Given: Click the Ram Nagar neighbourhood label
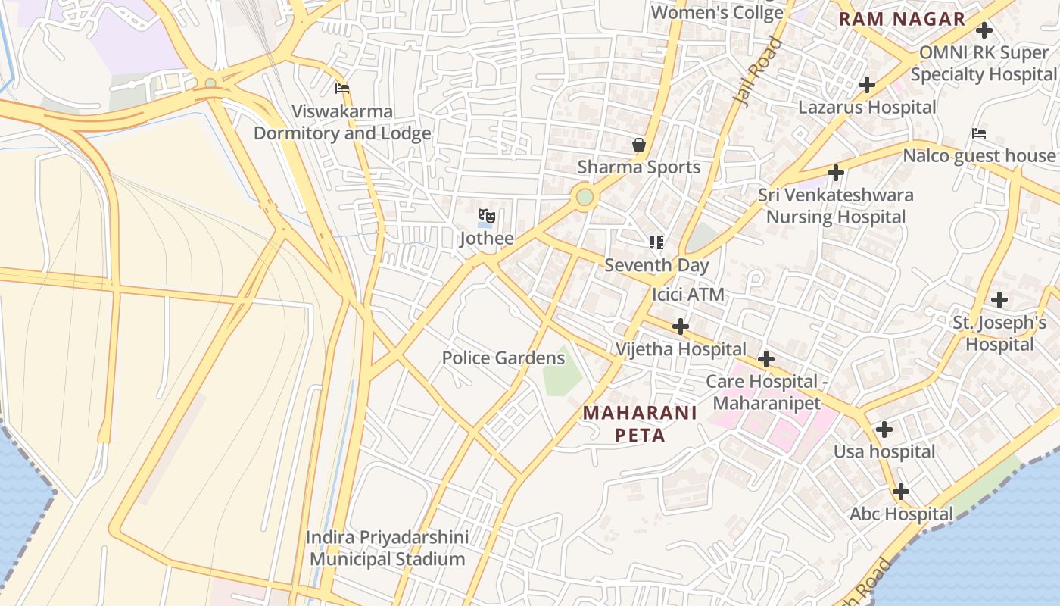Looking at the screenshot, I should coord(902,20).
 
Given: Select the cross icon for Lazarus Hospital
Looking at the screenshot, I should coord(867,85).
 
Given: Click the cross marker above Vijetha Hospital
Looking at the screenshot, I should coord(681,326).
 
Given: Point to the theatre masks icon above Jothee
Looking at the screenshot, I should coord(486,217).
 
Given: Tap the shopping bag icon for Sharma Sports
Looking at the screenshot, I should coord(639,145).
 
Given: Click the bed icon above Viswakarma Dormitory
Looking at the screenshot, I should coord(342,89).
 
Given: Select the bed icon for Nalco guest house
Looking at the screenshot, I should coord(979,134).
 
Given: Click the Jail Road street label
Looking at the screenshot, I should coord(758,72).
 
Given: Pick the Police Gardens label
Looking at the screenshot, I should coord(503,358).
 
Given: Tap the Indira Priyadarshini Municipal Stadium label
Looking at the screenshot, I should coord(387,548).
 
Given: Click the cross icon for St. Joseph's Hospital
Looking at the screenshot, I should coord(999,300).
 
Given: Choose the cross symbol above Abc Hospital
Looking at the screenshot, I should coord(900,492).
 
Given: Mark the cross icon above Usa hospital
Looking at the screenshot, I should coord(884,430).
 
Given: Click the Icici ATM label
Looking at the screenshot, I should coord(688,295).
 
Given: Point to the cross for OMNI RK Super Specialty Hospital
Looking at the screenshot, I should coord(984,30).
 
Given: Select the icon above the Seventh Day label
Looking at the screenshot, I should coord(656,242).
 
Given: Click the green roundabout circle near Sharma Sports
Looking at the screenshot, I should coord(585,197).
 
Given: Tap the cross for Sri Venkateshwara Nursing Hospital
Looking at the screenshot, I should coord(836,173).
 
